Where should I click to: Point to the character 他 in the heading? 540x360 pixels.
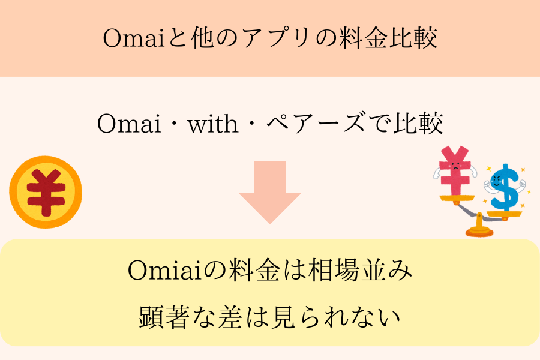coord(203,38)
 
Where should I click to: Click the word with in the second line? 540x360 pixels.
coord(213,124)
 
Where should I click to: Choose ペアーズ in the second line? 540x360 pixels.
coord(316,123)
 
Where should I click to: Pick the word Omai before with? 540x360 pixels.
coord(129,124)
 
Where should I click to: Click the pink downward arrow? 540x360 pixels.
coord(270,193)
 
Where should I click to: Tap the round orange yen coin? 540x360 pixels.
coord(46,192)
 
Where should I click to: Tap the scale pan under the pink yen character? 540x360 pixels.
coord(457,198)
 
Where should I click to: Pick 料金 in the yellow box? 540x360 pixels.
coord(254,270)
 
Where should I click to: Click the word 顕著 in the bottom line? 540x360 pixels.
coord(164,317)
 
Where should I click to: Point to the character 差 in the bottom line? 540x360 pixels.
coord(230,317)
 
